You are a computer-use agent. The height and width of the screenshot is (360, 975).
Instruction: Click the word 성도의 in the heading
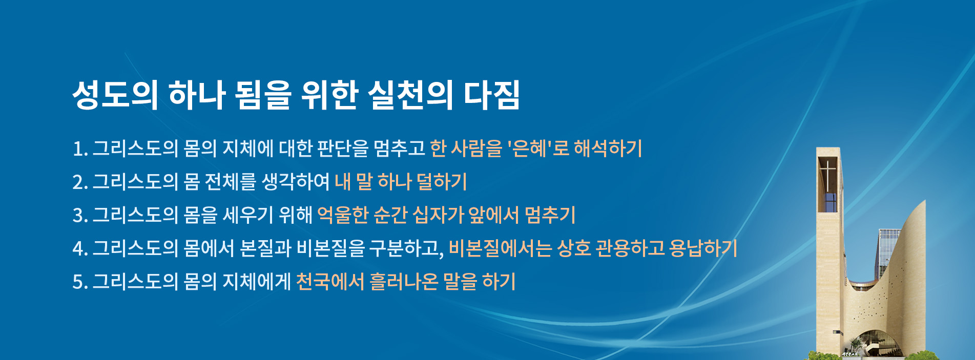pyautogui.click(x=115, y=95)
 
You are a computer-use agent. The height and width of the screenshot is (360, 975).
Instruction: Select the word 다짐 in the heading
pyautogui.click(x=492, y=95)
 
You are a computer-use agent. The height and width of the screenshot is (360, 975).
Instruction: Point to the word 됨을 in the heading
pyautogui.click(x=263, y=95)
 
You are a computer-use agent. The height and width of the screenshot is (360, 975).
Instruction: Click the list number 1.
pyautogui.click(x=80, y=149)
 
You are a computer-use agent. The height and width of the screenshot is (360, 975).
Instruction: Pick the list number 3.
pyautogui.click(x=80, y=216)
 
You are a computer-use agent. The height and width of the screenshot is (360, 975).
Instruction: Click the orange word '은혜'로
pyautogui.click(x=538, y=149)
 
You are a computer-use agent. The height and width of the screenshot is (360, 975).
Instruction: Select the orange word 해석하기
pyautogui.click(x=608, y=149)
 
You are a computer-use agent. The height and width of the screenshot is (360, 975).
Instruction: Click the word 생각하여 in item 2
pyautogui.click(x=296, y=182)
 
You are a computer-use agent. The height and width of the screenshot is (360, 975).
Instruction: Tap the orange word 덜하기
pyautogui.click(x=442, y=182)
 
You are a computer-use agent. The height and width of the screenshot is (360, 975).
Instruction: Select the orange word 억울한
pyautogui.click(x=343, y=215)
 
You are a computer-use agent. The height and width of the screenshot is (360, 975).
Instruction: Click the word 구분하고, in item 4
pyautogui.click(x=407, y=248)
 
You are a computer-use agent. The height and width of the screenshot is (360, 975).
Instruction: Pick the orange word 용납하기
pyautogui.click(x=703, y=248)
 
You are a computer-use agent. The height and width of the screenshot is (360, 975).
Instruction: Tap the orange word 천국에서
pyautogui.click(x=330, y=282)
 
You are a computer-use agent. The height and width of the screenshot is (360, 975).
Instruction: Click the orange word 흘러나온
pyautogui.click(x=404, y=282)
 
